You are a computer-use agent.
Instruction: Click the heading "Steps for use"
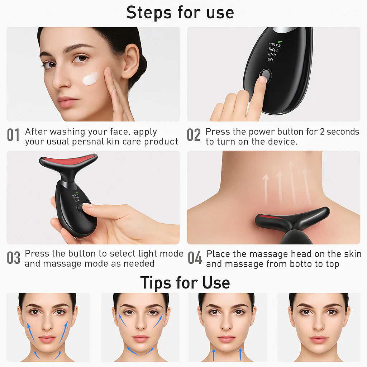click(180, 12)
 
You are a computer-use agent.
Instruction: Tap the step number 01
click(14, 135)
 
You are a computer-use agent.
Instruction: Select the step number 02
click(194, 135)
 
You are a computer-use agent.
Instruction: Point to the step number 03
click(14, 258)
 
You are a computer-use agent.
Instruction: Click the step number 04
click(195, 258)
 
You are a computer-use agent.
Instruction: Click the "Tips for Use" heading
click(185, 282)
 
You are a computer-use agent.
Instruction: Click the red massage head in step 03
click(70, 158)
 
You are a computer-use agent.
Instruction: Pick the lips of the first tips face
click(47, 339)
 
